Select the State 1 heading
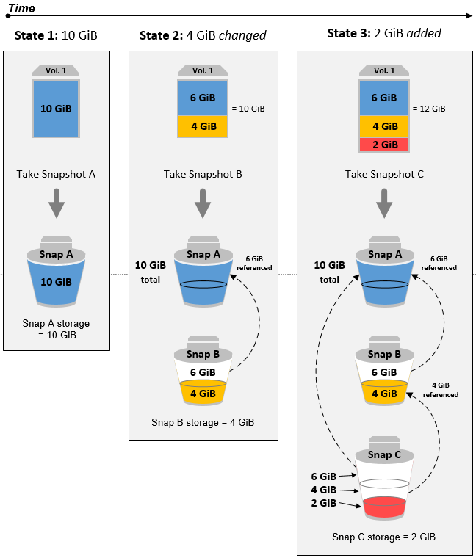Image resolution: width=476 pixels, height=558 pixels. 56,35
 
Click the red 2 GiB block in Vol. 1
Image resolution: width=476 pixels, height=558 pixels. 383,145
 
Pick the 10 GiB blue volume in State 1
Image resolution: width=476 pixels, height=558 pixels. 56,109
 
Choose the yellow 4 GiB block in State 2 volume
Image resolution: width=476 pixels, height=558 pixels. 203,126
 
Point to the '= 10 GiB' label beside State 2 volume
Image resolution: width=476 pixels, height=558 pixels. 248,109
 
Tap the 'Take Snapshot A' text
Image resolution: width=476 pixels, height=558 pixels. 56,175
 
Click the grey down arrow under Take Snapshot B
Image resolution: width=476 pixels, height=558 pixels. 203,204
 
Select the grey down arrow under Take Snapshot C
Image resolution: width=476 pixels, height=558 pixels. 383,204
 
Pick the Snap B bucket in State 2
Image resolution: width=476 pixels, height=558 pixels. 203,374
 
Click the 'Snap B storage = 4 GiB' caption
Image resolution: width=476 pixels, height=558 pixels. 203,422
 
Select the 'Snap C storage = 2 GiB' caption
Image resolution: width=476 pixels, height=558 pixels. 383,537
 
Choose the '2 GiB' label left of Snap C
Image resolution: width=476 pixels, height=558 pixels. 324,503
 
